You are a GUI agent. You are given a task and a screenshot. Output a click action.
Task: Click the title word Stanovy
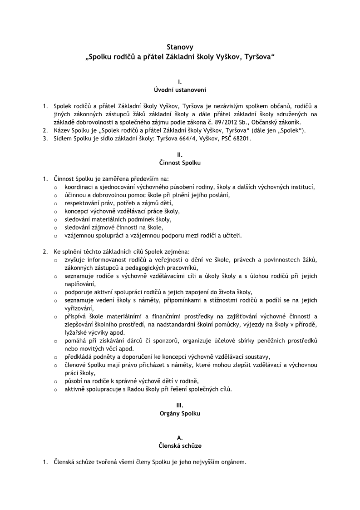click(180, 47)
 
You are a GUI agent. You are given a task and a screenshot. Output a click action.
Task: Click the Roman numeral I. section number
click(180, 82)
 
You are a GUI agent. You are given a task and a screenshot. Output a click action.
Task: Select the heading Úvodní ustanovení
click(180, 90)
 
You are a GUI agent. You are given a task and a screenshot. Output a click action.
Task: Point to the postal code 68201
click(241, 139)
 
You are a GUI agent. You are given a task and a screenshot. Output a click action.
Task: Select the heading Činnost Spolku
click(180, 162)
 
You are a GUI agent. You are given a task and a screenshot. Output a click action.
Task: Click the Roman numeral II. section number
click(180, 154)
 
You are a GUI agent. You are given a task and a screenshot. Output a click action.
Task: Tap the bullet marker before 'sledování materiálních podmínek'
click(55, 219)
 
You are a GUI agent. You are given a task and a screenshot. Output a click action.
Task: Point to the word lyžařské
click(75, 332)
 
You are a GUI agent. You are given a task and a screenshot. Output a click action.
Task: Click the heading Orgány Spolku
click(180, 413)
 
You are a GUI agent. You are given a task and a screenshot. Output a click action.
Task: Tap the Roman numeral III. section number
click(180, 405)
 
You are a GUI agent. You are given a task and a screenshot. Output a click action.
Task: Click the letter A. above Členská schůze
click(180, 437)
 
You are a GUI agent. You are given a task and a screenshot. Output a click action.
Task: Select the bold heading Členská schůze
click(180, 446)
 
